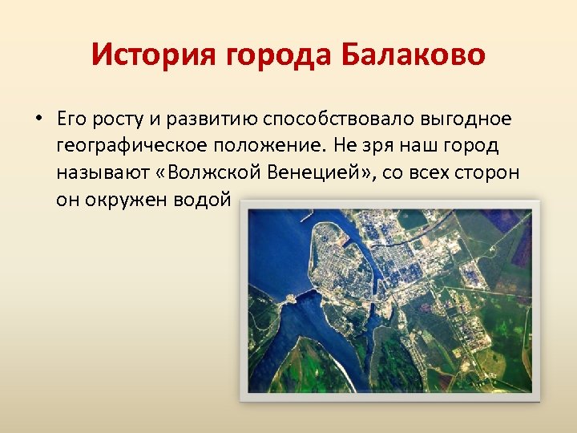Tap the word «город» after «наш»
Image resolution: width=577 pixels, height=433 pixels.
point(477,147)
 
